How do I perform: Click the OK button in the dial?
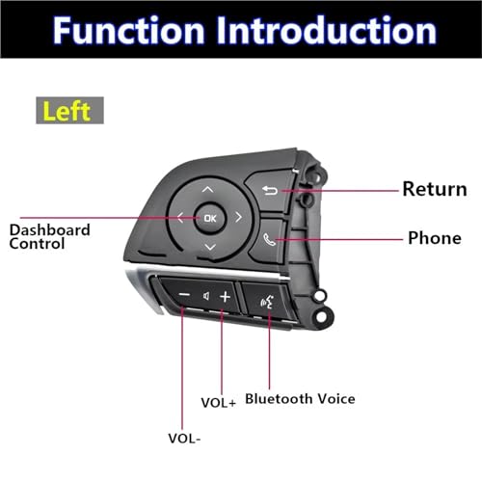[210, 218]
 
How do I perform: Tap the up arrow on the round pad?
[207, 190]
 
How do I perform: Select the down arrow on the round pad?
[210, 247]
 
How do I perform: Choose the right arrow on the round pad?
[238, 217]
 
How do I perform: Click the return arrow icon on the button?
[270, 191]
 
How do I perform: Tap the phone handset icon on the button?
[269, 239]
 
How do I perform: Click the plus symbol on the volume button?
[225, 297]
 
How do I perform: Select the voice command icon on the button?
[267, 302]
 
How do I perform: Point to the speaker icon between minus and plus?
[206, 296]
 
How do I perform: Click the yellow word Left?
[67, 111]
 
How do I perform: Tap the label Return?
[435, 189]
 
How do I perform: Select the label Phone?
[435, 238]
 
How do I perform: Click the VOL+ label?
[219, 403]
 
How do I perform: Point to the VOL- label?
[184, 439]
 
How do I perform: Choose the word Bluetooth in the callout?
[279, 399]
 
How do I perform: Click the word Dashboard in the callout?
[50, 230]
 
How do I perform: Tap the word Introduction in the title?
[326, 30]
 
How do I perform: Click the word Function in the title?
[128, 30]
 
